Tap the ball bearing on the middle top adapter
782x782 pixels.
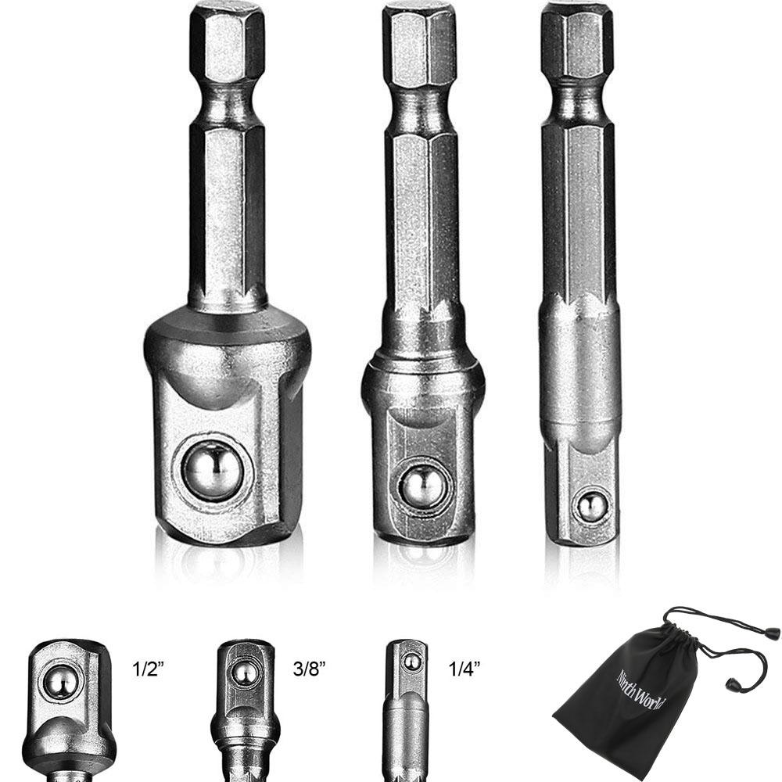point(422,486)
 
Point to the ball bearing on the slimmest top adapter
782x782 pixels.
point(592,507)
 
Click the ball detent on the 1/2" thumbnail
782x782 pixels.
point(60,682)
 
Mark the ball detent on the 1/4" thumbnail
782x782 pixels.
point(411,662)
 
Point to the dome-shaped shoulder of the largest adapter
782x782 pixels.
point(227,344)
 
